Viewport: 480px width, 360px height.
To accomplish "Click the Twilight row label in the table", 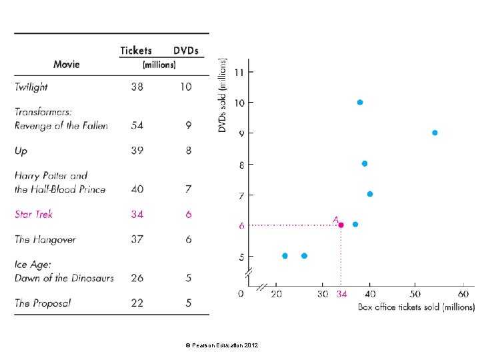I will (x=31, y=87).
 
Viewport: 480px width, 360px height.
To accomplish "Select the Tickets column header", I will (x=136, y=51).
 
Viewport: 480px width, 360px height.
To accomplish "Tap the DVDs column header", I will (x=186, y=51).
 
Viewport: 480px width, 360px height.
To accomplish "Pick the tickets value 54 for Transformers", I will (x=137, y=125).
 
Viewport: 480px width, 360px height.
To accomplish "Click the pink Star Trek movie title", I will (x=33, y=214).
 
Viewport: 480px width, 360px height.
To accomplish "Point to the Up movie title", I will (x=21, y=151).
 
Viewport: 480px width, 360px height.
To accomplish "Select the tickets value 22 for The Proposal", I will (x=137, y=303).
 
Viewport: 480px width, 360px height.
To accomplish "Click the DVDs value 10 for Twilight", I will (x=186, y=87).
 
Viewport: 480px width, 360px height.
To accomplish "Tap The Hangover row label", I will (x=45, y=239).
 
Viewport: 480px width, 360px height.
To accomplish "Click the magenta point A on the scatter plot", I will (x=341, y=225).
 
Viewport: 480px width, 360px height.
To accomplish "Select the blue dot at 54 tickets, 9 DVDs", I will (x=435, y=133).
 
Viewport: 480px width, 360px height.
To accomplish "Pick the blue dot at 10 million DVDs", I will (x=359, y=102).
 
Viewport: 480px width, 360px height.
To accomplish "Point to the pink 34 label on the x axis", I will (x=341, y=293).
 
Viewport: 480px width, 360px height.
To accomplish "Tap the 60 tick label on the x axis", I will (x=463, y=293).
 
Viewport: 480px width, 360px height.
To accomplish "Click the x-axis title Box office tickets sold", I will (x=416, y=307).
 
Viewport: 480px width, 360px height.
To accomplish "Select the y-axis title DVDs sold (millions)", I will (x=223, y=94).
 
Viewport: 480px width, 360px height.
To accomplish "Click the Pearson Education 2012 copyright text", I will (x=221, y=345).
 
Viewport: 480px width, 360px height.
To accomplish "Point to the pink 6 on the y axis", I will (x=242, y=225).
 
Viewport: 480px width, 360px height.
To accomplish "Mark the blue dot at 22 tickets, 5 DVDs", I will (x=285, y=255).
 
